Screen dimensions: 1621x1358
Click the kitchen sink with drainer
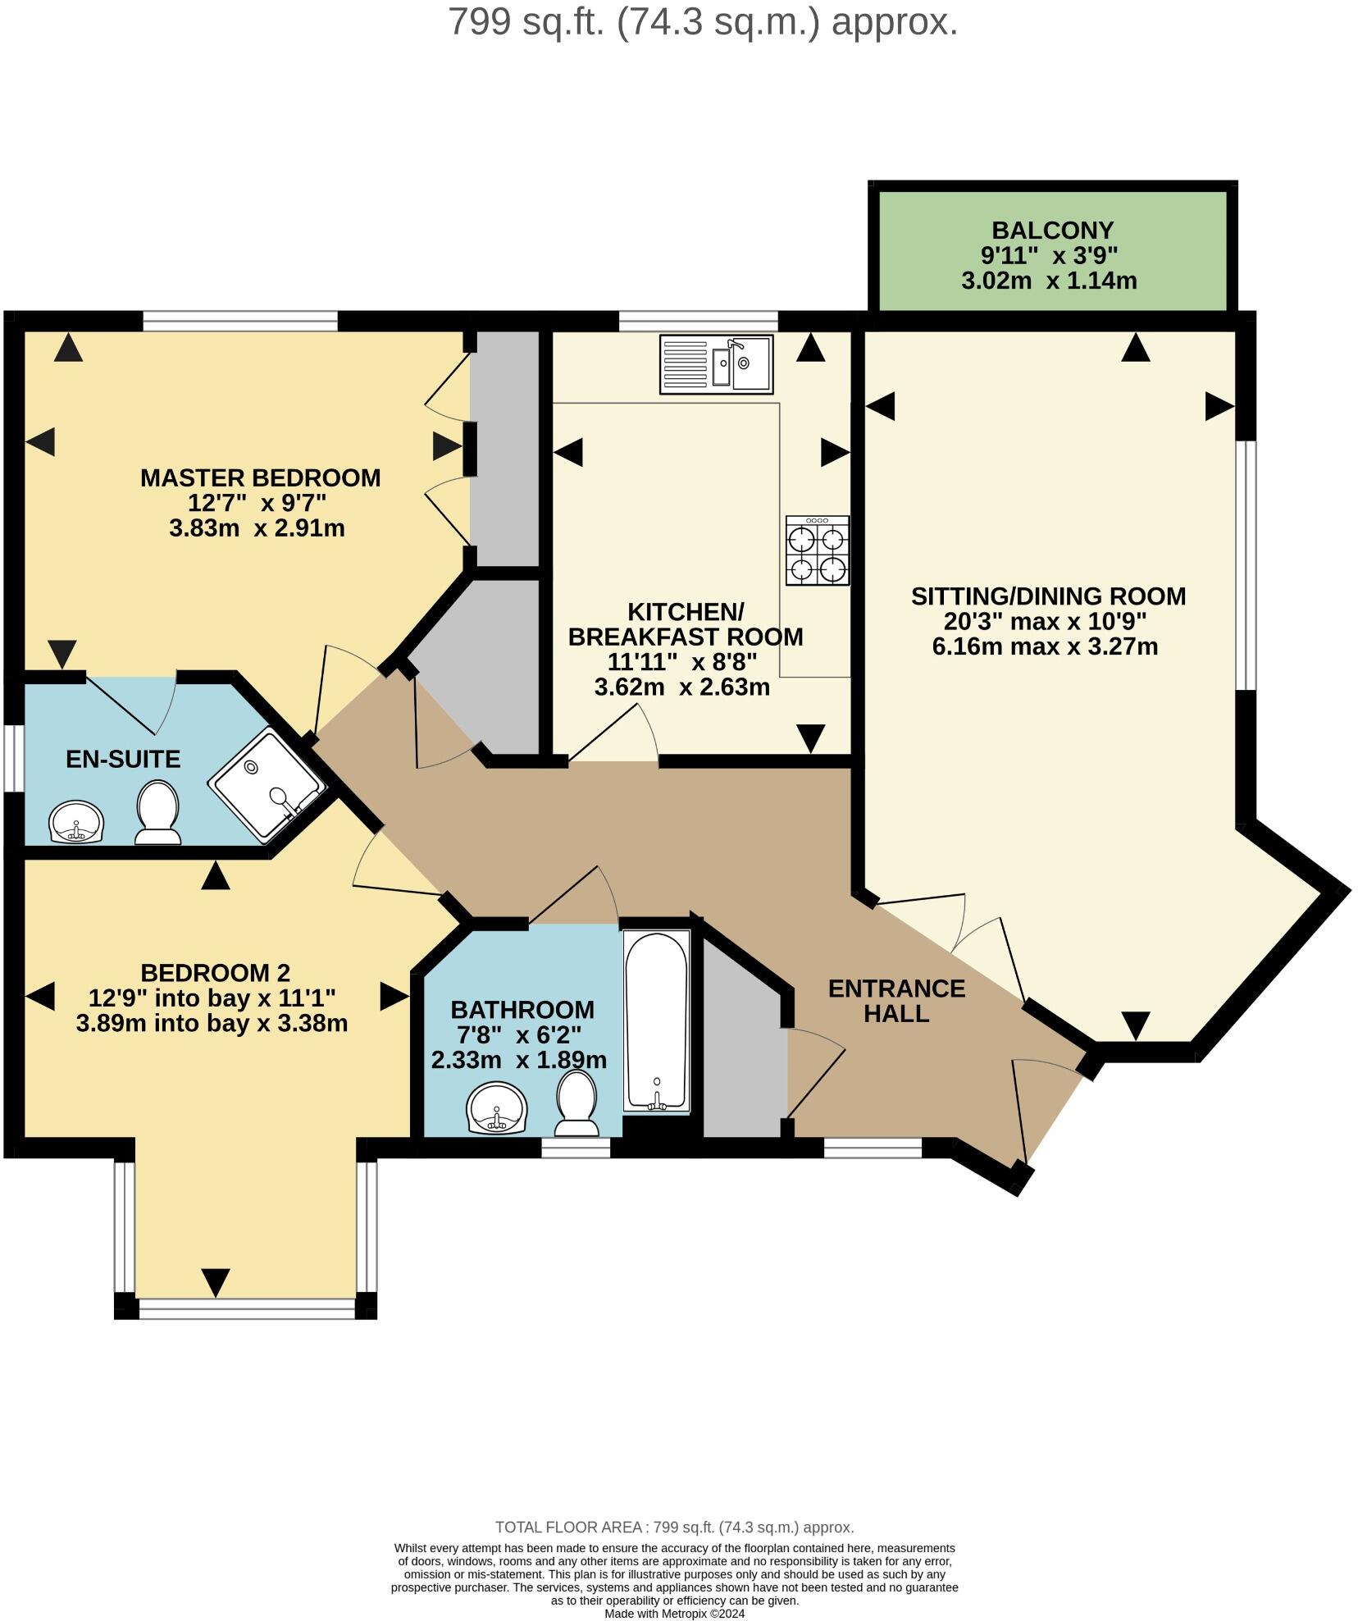pyautogui.click(x=715, y=363)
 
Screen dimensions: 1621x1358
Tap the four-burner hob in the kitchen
pyautogui.click(x=817, y=550)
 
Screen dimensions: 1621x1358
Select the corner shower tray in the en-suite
pyautogui.click(x=267, y=785)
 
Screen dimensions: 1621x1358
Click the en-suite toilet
pyautogui.click(x=157, y=812)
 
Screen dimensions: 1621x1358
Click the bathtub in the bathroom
pyautogui.click(x=656, y=1021)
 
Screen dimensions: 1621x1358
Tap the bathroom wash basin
pyautogui.click(x=497, y=1108)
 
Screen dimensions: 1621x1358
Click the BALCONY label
pyautogui.click(x=1052, y=230)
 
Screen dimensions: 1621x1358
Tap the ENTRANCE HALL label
pyautogui.click(x=896, y=1001)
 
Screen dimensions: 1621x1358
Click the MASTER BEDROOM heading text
pyautogui.click(x=260, y=477)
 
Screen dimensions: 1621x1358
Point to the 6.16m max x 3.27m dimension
pyautogui.click(x=1045, y=646)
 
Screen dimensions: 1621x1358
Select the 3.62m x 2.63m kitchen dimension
pyautogui.click(x=681, y=687)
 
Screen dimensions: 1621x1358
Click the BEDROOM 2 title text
pyautogui.click(x=215, y=973)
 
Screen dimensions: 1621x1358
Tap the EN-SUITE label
pyautogui.click(x=123, y=759)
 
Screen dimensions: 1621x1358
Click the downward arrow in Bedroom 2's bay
pyautogui.click(x=216, y=1282)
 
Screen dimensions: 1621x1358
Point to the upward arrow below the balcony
pyautogui.click(x=1135, y=348)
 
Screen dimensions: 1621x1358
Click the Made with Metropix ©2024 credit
pyautogui.click(x=674, y=1613)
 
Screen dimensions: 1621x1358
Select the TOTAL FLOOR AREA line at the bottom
pyautogui.click(x=674, y=1527)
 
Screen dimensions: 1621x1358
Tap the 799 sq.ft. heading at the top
pyautogui.click(x=703, y=22)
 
